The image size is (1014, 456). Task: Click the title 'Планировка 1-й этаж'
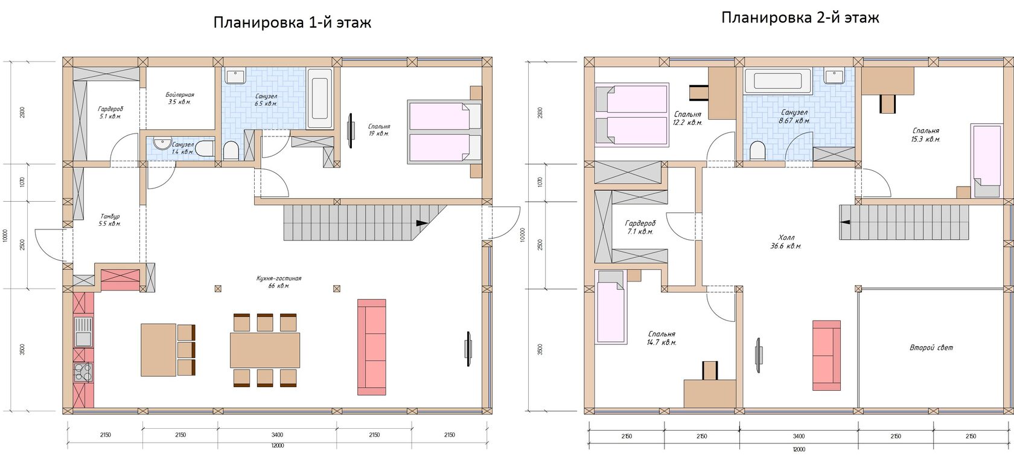click(292, 22)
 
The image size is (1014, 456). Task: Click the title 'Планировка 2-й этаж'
click(800, 18)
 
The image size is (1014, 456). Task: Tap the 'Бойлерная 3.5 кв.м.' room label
click(180, 98)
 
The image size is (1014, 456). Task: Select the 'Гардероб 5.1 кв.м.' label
click(110, 113)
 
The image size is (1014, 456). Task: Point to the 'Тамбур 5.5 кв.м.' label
click(110, 220)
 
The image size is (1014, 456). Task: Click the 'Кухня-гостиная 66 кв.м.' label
click(279, 282)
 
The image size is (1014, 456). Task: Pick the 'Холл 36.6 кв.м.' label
click(786, 242)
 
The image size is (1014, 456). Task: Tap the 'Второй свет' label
click(931, 348)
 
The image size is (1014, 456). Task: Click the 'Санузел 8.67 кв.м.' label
click(794, 117)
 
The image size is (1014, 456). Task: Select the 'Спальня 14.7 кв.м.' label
click(662, 338)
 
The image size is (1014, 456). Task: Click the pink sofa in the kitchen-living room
click(372, 347)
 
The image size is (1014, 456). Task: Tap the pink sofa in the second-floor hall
click(827, 356)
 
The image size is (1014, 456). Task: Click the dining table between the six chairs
click(265, 350)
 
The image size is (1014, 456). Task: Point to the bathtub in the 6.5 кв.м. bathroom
click(320, 98)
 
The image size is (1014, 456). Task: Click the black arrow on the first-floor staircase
click(422, 223)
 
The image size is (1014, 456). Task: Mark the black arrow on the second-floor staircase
click(845, 222)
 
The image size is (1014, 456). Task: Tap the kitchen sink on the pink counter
click(83, 332)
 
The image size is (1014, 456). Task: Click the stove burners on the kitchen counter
click(83, 372)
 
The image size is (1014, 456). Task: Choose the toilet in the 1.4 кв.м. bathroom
click(206, 149)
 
